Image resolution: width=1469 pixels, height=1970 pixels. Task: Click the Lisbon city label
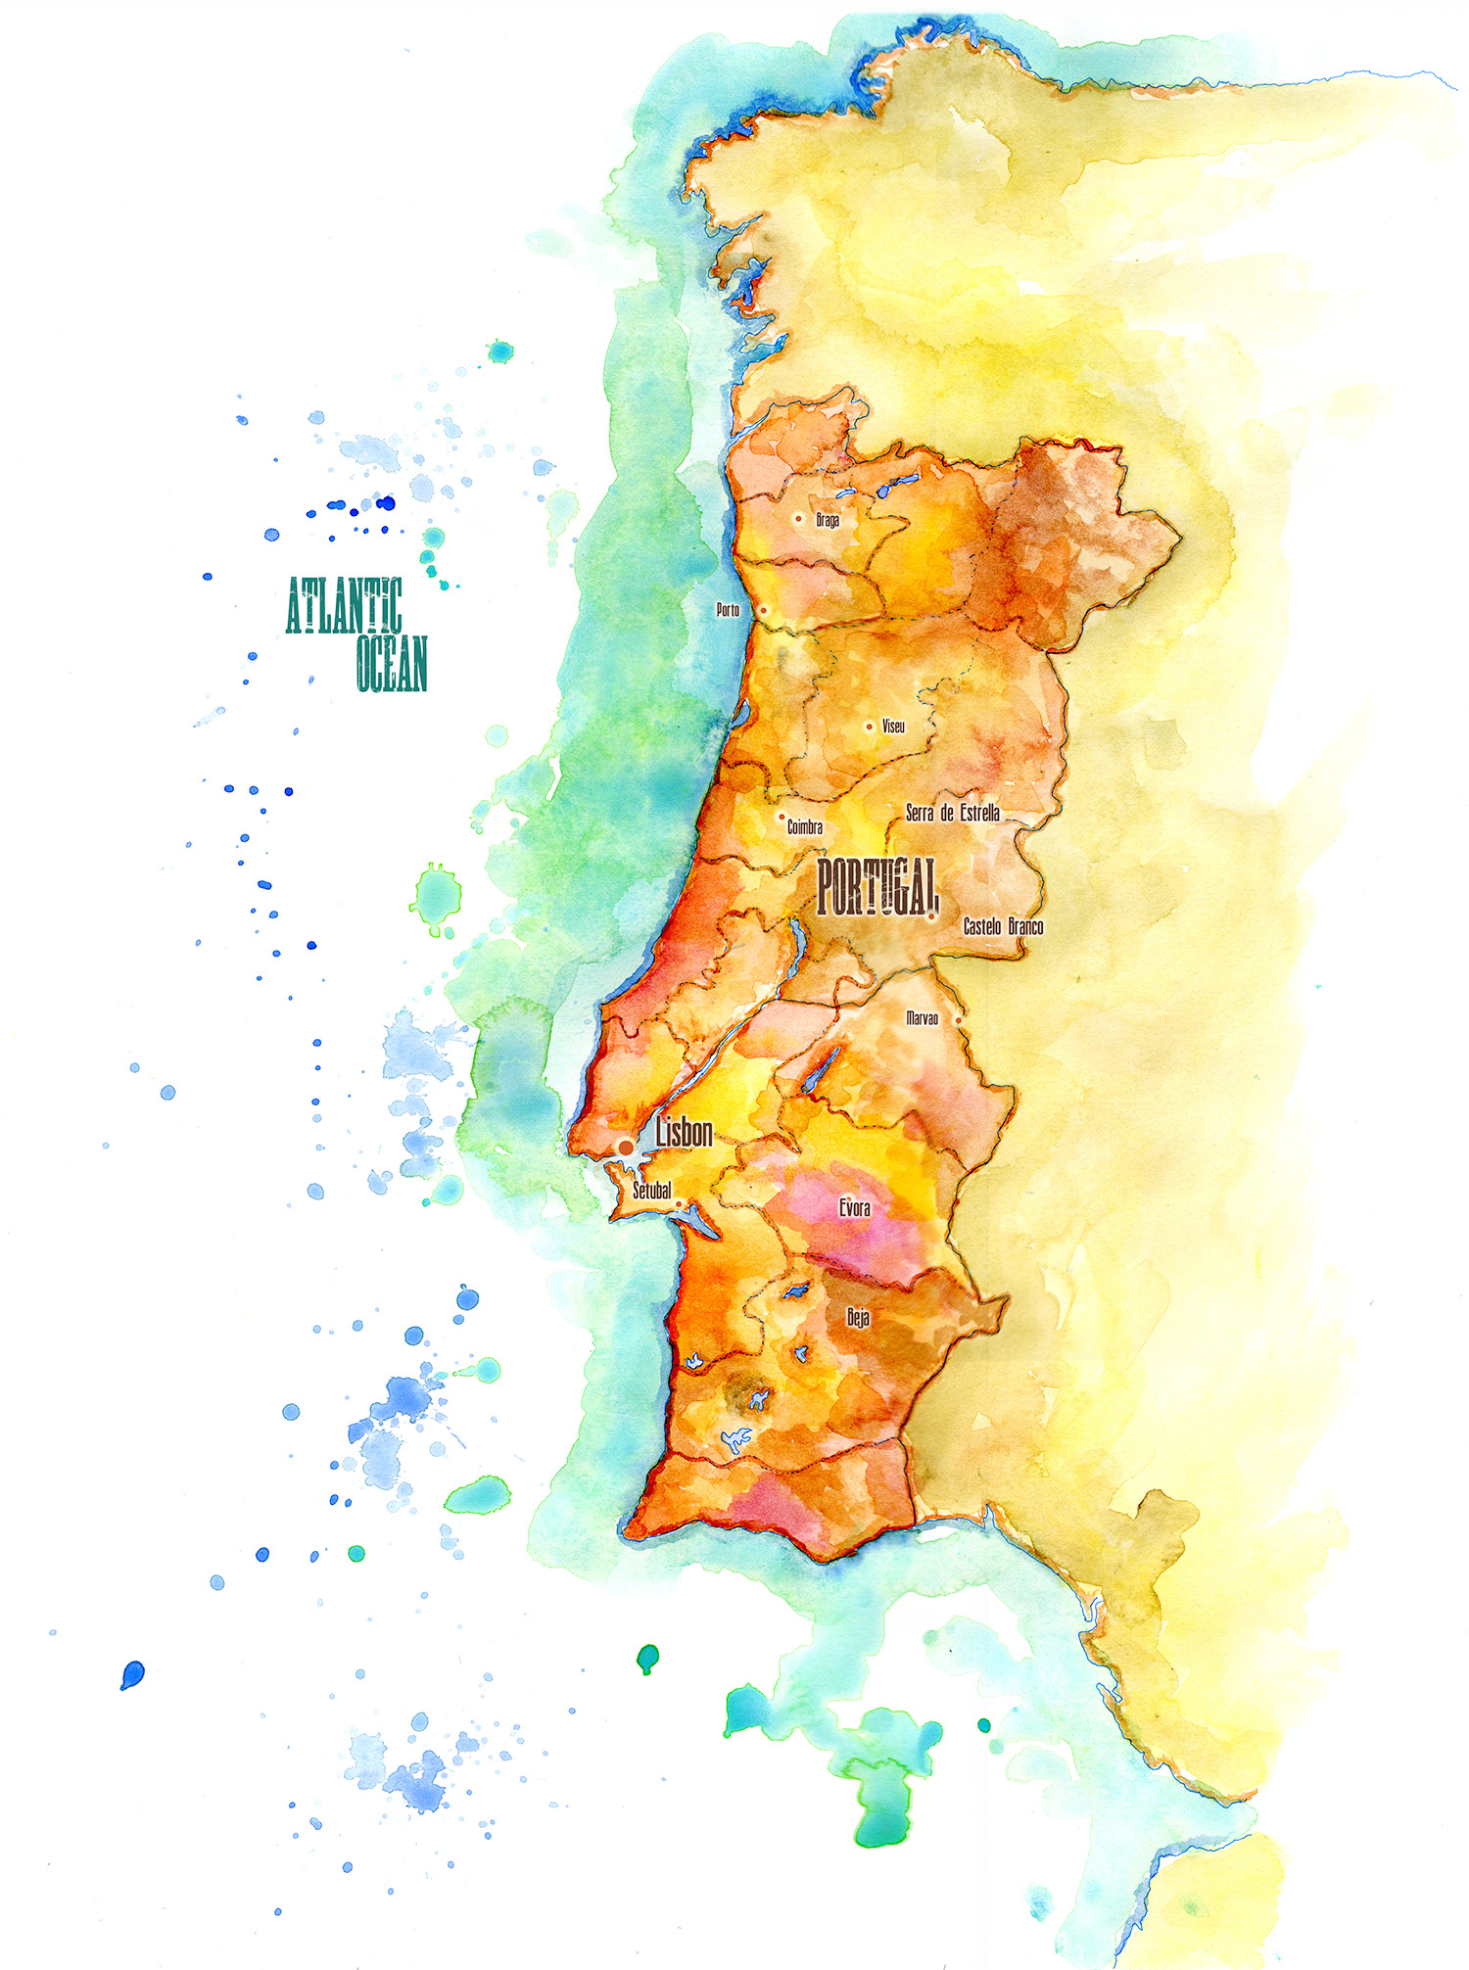click(684, 1133)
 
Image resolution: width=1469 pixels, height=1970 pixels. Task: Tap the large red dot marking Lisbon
click(626, 1147)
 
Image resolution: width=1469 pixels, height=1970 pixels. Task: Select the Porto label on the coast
click(728, 610)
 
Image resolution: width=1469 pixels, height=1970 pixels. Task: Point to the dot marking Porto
click(764, 610)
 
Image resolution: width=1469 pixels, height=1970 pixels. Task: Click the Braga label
click(828, 520)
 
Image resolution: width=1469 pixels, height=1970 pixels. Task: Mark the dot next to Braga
click(799, 519)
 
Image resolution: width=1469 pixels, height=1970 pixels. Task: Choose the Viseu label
click(893, 727)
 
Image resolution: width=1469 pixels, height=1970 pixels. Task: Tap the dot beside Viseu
click(869, 727)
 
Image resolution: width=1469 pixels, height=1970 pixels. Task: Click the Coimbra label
click(805, 827)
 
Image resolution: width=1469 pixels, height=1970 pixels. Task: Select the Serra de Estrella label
click(952, 813)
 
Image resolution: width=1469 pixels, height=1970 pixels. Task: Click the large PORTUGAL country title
click(877, 886)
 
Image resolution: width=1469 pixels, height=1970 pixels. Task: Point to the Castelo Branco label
click(1003, 926)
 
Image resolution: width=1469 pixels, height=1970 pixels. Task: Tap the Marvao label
click(922, 1018)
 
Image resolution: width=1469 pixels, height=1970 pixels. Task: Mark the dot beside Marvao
click(959, 1020)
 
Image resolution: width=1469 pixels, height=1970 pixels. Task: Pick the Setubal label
click(651, 1191)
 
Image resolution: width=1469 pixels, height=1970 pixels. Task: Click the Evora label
click(854, 1208)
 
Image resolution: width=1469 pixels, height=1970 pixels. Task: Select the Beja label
click(858, 1318)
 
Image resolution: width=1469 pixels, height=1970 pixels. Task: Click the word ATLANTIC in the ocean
click(344, 606)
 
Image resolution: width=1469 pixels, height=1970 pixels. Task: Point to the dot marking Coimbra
click(781, 817)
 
